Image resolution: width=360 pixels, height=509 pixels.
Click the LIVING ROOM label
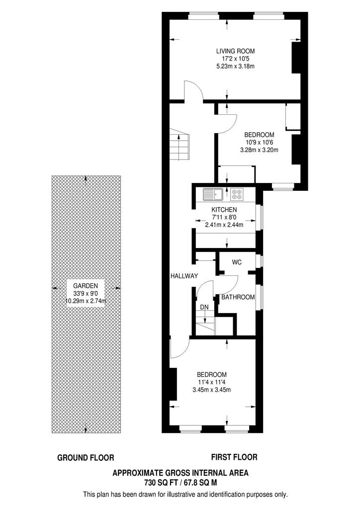click(235, 51)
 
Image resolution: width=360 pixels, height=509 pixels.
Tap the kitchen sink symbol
click(212, 194)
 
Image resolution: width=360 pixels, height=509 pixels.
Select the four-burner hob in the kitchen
click(237, 194)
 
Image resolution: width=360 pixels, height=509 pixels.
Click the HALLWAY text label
click(184, 276)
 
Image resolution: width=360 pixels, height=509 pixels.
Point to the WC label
click(237, 262)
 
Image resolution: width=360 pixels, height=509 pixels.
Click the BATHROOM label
click(238, 297)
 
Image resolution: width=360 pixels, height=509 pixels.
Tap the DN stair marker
click(204, 307)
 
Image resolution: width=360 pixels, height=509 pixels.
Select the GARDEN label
click(86, 286)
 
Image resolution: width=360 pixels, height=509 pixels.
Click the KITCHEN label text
click(224, 210)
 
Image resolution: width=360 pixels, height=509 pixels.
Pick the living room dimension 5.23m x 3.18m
click(235, 66)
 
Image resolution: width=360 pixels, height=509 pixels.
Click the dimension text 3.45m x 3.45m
click(212, 390)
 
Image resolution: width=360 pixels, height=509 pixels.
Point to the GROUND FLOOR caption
click(86, 458)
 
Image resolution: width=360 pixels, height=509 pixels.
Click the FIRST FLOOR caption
click(234, 457)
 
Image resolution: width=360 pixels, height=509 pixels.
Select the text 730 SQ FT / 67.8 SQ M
click(180, 483)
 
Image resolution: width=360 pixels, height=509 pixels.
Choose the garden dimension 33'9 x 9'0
click(86, 294)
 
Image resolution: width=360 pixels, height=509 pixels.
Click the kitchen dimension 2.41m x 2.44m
click(224, 225)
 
